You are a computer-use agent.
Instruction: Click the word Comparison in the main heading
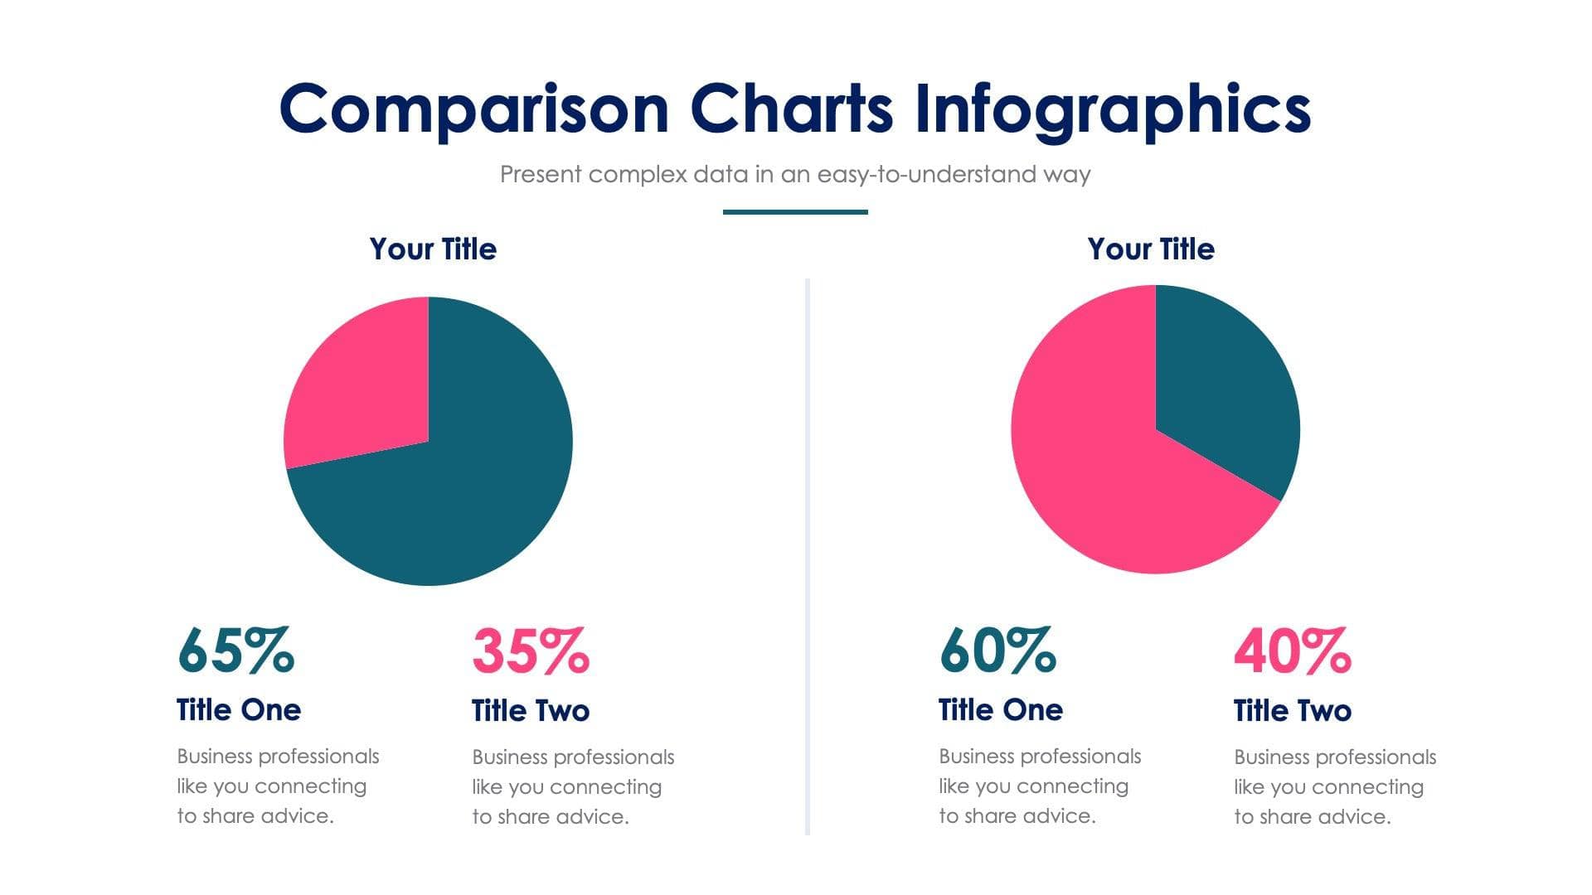[x=473, y=109]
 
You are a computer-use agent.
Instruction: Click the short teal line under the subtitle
[x=795, y=212]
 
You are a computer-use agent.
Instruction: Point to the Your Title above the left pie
[x=433, y=249]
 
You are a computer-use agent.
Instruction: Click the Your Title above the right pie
[x=1151, y=249]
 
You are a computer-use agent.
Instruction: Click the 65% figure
[x=235, y=651]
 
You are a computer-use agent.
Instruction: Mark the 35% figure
[x=531, y=651]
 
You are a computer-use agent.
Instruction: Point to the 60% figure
[x=997, y=651]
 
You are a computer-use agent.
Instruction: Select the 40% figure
[x=1293, y=651]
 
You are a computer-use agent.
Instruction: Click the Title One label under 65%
[x=239, y=710]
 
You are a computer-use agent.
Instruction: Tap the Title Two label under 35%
[x=531, y=711]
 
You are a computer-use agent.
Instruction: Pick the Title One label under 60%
[x=1001, y=710]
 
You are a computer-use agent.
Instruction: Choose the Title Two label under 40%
[x=1293, y=711]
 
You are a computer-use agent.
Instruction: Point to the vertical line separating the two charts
[x=807, y=555]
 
